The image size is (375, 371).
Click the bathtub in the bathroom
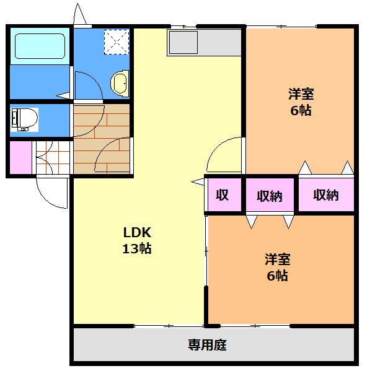point(40,46)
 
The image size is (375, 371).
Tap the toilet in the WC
point(25,120)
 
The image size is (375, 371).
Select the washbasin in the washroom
point(120,84)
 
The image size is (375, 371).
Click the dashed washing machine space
point(117,42)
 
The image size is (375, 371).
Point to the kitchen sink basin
point(183,42)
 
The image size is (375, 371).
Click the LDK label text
point(137,233)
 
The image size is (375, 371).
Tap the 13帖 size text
point(137,248)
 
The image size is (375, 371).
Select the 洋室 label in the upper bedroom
point(301,94)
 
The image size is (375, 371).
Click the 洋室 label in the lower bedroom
point(278,260)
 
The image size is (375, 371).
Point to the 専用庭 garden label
point(207,345)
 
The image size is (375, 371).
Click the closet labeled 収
point(222,195)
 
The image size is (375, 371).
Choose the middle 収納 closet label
point(270,196)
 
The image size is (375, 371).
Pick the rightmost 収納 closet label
point(326,195)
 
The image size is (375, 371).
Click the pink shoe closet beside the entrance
point(21,157)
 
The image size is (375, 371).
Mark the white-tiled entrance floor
point(53,157)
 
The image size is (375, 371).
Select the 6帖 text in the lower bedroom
point(277,276)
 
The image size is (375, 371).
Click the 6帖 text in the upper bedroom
point(301,110)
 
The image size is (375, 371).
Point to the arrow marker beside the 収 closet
point(198,182)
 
